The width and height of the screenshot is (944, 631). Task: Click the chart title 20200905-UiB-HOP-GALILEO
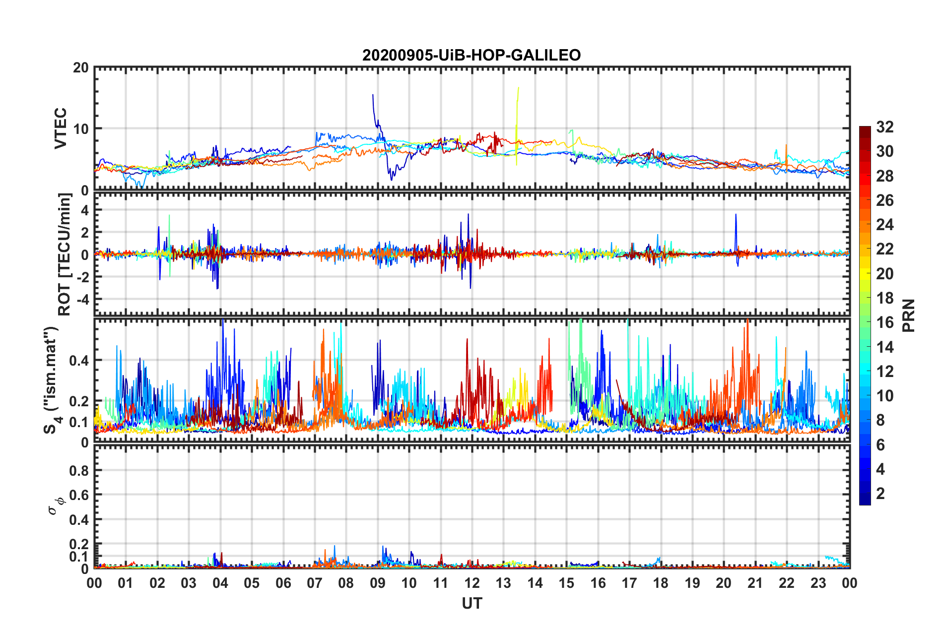tap(471, 55)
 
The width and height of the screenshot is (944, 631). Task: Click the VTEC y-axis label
tap(61, 128)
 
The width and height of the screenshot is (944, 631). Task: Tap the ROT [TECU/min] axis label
tap(65, 254)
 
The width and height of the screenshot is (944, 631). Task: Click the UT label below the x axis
tap(472, 603)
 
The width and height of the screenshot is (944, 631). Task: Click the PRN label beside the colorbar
tap(909, 315)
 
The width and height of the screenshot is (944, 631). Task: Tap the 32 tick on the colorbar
tap(884, 127)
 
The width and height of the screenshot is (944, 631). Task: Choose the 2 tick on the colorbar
tap(880, 494)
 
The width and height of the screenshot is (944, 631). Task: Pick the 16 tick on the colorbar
tap(884, 322)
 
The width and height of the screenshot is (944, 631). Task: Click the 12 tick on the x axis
tap(472, 583)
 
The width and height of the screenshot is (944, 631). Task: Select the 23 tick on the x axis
tap(818, 583)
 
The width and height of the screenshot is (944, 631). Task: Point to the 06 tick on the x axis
tap(283, 583)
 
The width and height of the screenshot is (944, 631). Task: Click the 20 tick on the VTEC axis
tap(81, 68)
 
